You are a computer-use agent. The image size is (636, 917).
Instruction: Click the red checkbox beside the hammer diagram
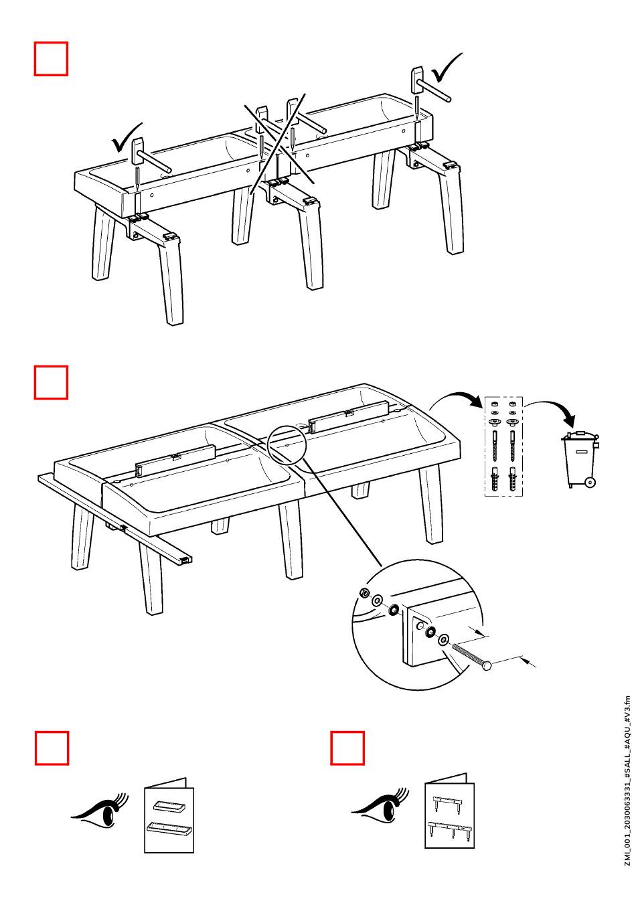coord(51,58)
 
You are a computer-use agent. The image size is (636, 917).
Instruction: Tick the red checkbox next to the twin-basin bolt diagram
coord(51,382)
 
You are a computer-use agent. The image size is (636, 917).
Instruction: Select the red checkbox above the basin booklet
coord(52,748)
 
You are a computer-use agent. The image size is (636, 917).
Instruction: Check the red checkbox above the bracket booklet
coord(347,748)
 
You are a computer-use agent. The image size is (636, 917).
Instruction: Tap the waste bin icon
coord(580,458)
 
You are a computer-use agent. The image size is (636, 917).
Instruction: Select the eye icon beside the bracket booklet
coord(380,805)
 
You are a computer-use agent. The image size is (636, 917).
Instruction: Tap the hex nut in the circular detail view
coord(362,592)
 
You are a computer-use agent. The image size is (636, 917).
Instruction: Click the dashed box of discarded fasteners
coord(503,446)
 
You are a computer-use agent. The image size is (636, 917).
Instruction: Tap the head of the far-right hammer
coord(417,80)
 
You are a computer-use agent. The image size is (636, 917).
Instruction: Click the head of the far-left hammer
coord(138,151)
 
